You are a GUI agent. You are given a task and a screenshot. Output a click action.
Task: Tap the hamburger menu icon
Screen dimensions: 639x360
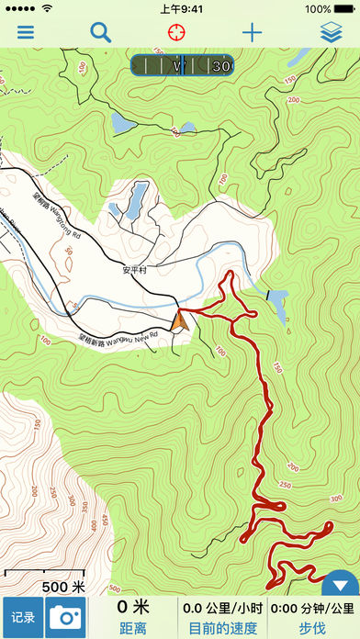(26, 33)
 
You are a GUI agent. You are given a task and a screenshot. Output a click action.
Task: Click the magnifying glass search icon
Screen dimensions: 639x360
(100, 33)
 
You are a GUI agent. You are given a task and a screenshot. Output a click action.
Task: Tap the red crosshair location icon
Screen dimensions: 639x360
(175, 33)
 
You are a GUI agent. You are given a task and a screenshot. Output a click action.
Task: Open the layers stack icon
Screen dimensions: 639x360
(332, 33)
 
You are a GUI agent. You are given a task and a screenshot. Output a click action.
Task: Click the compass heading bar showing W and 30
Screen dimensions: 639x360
(182, 65)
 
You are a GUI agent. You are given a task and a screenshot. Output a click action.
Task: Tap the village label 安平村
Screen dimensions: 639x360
(134, 271)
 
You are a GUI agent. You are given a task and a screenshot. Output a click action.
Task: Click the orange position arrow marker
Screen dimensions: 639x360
(180, 320)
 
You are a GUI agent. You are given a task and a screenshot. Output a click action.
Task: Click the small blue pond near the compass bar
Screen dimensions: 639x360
(122, 121)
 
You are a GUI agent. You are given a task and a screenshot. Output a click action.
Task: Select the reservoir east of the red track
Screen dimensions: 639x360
(278, 298)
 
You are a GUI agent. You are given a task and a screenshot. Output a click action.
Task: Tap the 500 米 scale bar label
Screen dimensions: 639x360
(63, 587)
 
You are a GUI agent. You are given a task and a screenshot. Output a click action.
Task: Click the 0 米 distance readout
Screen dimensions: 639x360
(133, 608)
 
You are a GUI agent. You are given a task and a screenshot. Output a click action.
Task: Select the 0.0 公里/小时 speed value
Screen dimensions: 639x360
(222, 608)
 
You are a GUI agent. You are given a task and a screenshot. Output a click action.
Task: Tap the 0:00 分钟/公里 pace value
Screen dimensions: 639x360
(313, 608)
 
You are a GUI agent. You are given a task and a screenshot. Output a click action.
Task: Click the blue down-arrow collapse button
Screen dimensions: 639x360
(341, 585)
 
